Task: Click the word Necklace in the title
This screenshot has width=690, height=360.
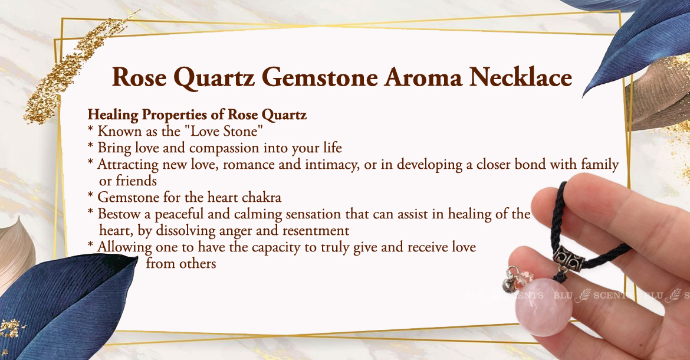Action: point(521,77)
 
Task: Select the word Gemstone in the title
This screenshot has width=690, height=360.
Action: point(320,78)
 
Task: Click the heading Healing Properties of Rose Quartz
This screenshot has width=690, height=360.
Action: point(197,115)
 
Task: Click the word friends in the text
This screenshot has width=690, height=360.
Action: point(136,181)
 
